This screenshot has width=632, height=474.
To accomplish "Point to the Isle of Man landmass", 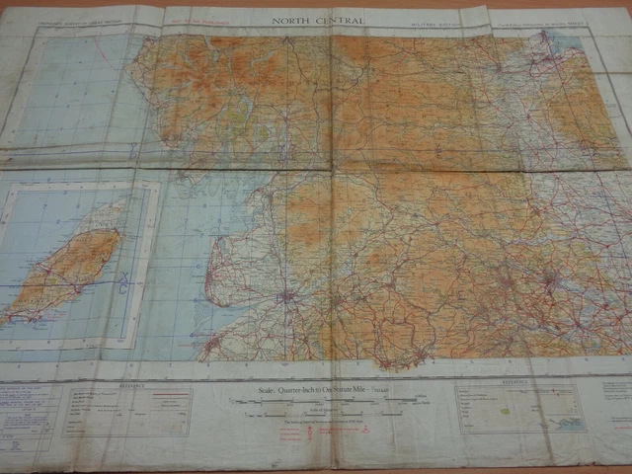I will [64, 276].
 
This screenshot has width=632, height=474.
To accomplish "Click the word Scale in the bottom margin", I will [251, 392].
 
